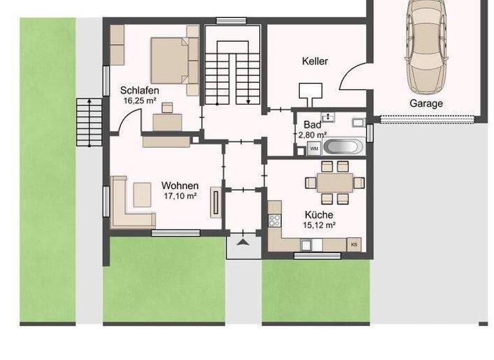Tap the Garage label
426,103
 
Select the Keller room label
315,62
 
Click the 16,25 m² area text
140,101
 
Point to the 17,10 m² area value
179,196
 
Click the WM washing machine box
314,148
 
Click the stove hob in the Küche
275,220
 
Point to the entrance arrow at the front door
242,242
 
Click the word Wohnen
179,186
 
